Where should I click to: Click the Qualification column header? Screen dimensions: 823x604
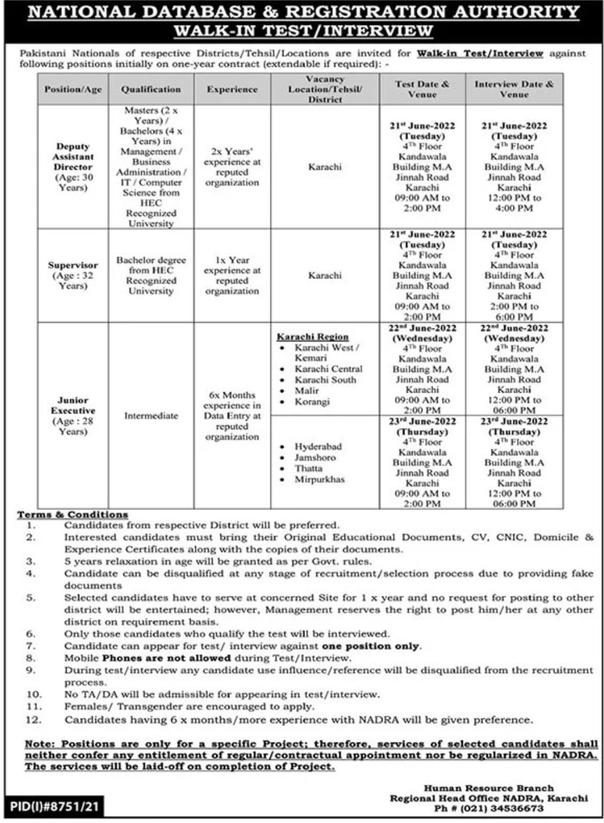(151, 89)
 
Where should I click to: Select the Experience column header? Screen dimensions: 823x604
(232, 89)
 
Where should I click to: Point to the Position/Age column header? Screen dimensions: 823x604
(73, 89)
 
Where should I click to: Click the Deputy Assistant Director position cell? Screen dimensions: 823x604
(73, 167)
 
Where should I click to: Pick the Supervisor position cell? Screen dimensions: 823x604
(73, 275)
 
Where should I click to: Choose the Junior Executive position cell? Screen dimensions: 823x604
(73, 415)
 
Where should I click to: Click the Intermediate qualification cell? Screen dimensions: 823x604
(151, 415)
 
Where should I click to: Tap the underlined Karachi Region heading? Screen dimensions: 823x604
(313, 337)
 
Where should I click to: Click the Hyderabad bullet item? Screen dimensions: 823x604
(318, 446)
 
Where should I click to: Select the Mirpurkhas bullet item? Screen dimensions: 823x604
(319, 479)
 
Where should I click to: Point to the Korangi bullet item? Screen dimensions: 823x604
(312, 402)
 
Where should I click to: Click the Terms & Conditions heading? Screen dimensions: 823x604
(73, 514)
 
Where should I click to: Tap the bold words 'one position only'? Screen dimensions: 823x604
(371, 646)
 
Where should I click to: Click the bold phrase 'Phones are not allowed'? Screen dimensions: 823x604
(166, 658)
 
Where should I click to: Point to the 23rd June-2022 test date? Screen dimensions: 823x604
(422, 421)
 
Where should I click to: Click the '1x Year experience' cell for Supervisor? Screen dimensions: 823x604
(232, 275)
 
